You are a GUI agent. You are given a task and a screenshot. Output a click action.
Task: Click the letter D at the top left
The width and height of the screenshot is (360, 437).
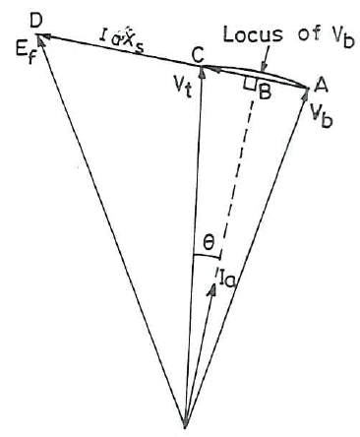(35, 22)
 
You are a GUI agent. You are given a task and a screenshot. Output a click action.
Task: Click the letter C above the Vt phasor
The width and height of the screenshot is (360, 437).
(198, 56)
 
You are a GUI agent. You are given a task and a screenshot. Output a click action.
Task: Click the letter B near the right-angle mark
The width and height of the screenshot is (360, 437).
(265, 93)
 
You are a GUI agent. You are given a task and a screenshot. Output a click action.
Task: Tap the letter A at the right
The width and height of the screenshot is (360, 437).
(318, 86)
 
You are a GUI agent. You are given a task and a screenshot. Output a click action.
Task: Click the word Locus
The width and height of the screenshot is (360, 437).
(253, 33)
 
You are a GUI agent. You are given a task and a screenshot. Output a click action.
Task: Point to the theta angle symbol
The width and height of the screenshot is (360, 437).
(209, 243)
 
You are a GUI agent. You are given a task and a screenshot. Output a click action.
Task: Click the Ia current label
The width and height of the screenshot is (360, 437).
(226, 276)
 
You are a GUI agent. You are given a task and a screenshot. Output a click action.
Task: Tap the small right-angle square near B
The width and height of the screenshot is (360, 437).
(250, 84)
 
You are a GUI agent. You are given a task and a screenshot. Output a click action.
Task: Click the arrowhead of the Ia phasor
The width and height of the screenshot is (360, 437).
(213, 288)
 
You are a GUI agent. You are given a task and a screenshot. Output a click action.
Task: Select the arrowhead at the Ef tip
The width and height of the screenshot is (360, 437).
(40, 39)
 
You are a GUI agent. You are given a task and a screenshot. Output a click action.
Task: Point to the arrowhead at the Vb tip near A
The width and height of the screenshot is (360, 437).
(306, 94)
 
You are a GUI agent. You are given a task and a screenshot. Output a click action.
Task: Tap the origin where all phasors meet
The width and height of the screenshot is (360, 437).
(185, 427)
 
